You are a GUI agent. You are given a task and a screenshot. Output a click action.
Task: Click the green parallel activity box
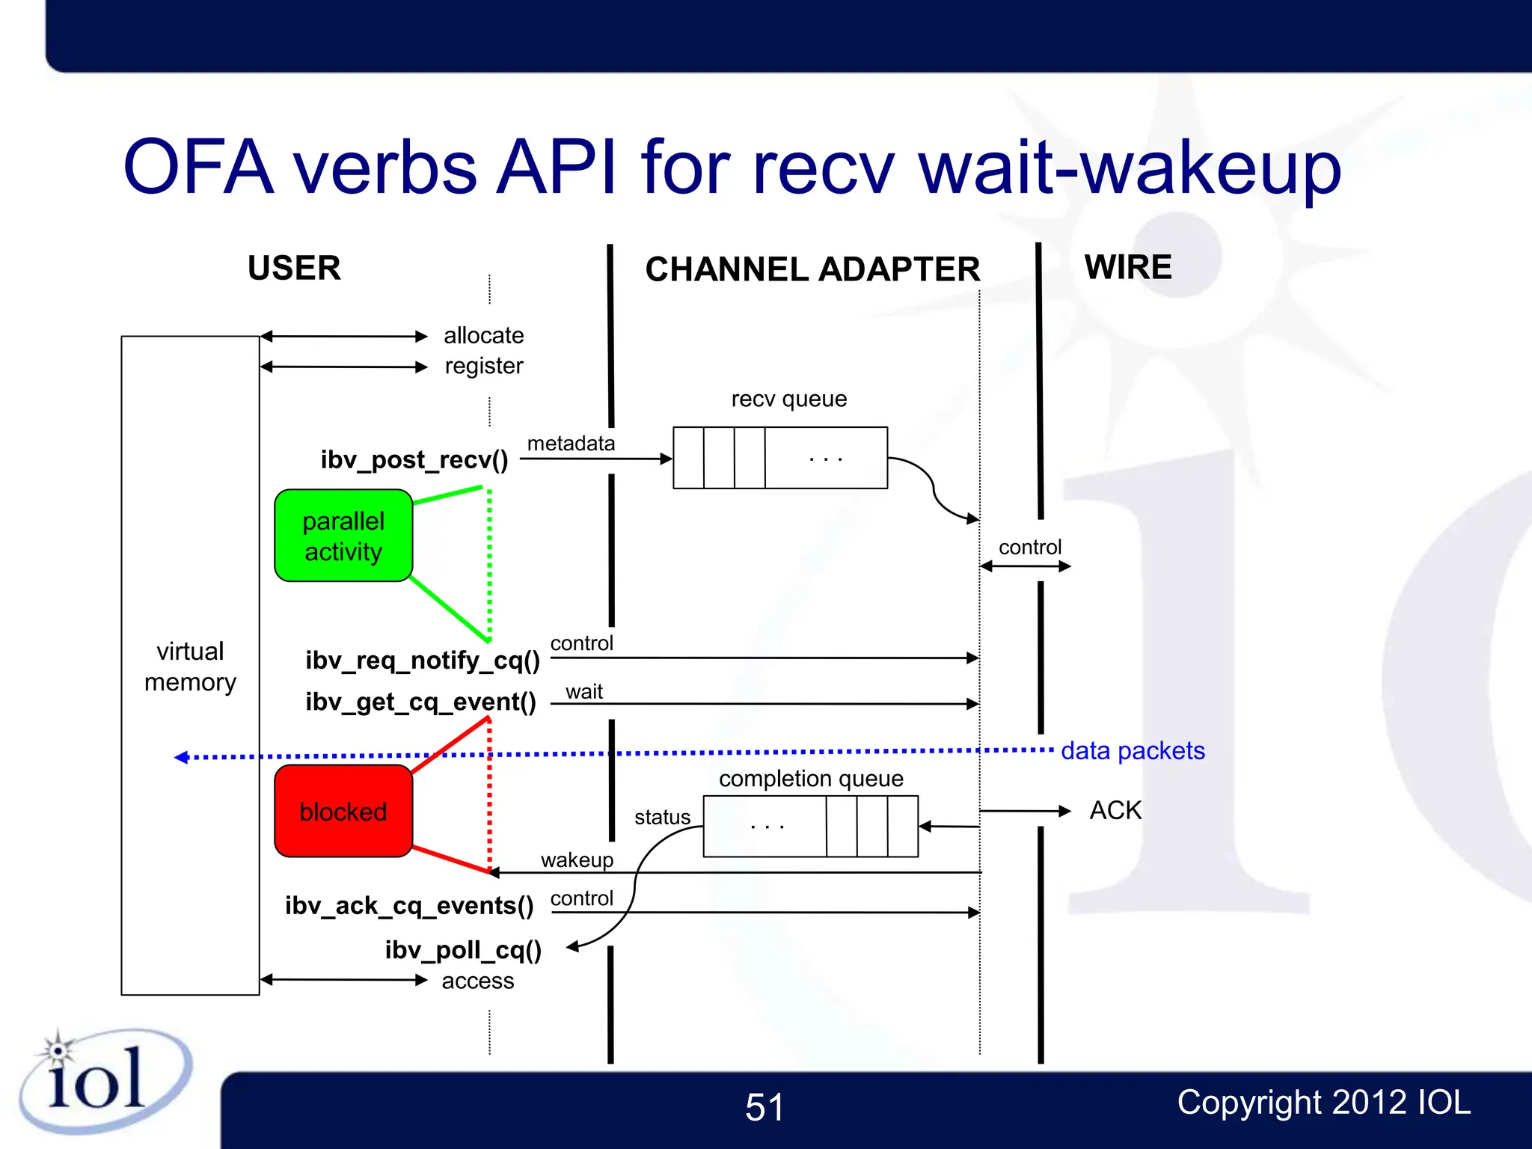pyautogui.click(x=343, y=536)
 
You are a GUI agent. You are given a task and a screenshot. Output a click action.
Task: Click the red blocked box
pyautogui.click(x=343, y=811)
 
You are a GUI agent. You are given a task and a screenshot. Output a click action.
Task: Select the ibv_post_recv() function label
pyautogui.click(x=414, y=459)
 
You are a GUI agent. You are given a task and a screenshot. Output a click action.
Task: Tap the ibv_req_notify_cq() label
pyautogui.click(x=422, y=660)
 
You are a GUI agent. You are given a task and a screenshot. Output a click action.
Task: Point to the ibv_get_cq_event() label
pyautogui.click(x=420, y=702)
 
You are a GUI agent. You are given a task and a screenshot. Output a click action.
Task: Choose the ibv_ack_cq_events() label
pyautogui.click(x=409, y=905)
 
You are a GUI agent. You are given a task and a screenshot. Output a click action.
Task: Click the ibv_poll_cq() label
pyautogui.click(x=463, y=949)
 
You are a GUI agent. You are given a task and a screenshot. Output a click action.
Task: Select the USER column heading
pyautogui.click(x=294, y=268)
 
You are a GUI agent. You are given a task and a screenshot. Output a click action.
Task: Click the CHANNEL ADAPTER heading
pyautogui.click(x=812, y=269)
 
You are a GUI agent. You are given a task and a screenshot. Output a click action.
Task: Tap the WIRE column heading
pyautogui.click(x=1128, y=267)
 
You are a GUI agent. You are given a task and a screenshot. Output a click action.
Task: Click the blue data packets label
pyautogui.click(x=1133, y=750)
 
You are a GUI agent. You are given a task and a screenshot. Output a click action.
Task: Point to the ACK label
pyautogui.click(x=1115, y=810)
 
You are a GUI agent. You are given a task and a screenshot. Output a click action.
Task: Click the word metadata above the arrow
pyautogui.click(x=571, y=444)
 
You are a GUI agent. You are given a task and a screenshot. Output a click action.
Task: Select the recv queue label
pyautogui.click(x=788, y=399)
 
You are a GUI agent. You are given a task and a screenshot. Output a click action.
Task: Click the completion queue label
pyautogui.click(x=811, y=779)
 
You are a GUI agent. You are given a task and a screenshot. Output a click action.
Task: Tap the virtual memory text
pyautogui.click(x=190, y=667)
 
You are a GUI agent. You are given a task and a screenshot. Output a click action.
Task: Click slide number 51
pyautogui.click(x=765, y=1107)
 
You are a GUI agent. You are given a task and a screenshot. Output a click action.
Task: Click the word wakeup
pyautogui.click(x=577, y=860)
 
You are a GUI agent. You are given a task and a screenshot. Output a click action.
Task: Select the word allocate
pyautogui.click(x=483, y=335)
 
